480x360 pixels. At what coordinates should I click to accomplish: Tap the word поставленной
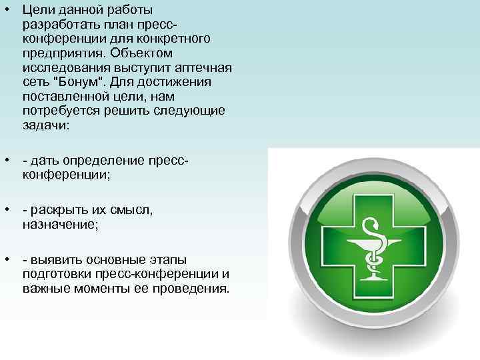click(61, 95)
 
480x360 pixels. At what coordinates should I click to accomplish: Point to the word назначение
click(59, 225)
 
